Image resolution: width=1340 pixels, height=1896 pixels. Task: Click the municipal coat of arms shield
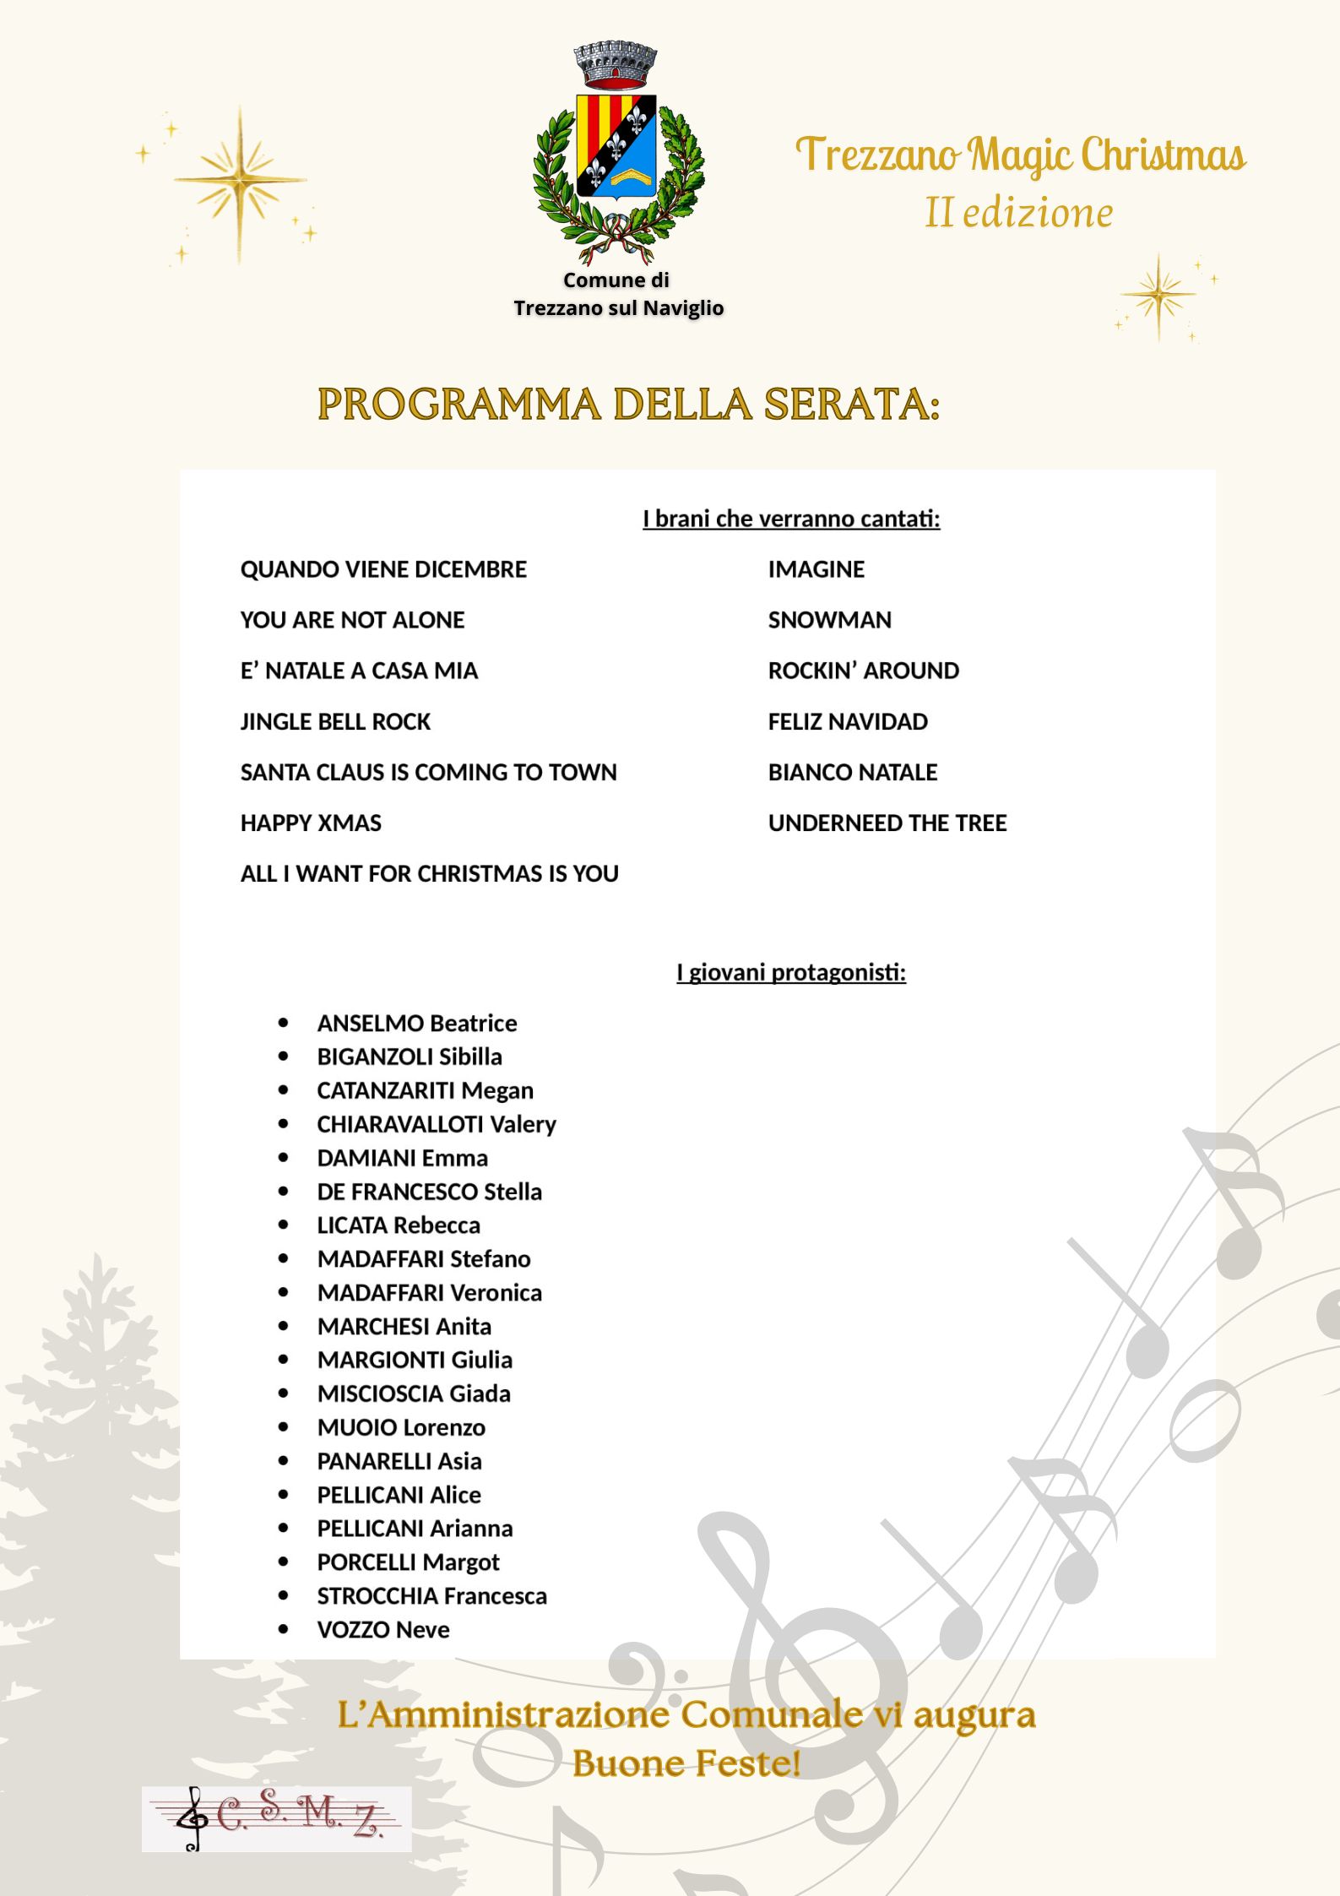(x=616, y=145)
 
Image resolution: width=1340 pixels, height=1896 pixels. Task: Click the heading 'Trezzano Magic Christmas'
(x=1020, y=155)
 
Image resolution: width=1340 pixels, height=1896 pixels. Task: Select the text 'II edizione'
(x=1018, y=213)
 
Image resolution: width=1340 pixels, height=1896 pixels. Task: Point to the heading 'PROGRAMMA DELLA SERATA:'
(x=629, y=404)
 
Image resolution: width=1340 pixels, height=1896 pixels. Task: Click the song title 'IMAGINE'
(x=816, y=569)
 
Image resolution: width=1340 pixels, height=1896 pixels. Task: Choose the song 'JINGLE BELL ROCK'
(x=335, y=721)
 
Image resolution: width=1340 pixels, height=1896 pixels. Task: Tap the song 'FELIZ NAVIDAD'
(x=848, y=721)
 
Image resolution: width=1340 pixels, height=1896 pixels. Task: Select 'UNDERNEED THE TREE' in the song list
(x=887, y=823)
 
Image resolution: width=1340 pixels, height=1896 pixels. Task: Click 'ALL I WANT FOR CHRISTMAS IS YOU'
(x=429, y=873)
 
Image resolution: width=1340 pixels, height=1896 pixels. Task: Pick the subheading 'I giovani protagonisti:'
(x=791, y=972)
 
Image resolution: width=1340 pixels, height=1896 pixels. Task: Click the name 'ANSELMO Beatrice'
(x=416, y=1023)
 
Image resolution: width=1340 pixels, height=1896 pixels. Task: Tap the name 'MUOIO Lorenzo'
(x=401, y=1427)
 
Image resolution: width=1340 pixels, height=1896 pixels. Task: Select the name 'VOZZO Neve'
(x=383, y=1629)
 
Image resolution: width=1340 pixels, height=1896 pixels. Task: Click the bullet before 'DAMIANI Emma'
(x=283, y=1158)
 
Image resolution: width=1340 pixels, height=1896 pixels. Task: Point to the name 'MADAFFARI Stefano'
(x=424, y=1258)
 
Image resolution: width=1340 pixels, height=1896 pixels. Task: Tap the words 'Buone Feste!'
(x=686, y=1764)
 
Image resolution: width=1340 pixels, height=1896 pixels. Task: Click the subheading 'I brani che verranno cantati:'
(x=791, y=519)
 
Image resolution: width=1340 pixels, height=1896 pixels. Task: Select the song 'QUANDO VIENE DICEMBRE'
(x=383, y=569)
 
